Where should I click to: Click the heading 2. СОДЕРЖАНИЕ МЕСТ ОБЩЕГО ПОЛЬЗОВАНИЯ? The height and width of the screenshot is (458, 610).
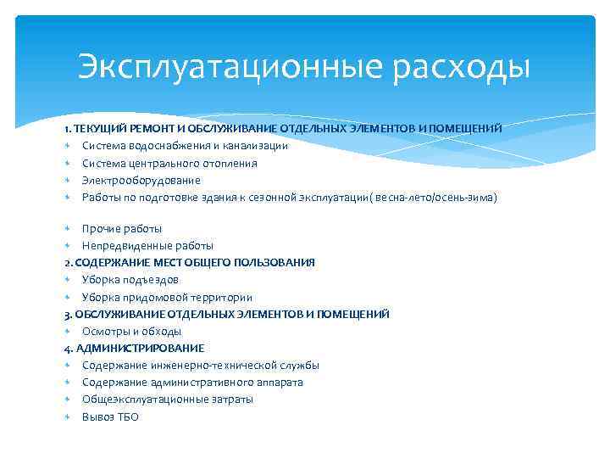[189, 262]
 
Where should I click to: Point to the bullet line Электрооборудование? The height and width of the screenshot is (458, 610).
[141, 180]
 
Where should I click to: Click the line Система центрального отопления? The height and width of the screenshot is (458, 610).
[169, 163]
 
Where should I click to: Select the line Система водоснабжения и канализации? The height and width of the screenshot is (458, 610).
[185, 146]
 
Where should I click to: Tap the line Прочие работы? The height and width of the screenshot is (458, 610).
[121, 228]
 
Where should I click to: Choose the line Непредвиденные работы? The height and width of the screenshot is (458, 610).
[147, 245]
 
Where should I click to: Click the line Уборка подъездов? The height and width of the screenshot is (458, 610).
[130, 279]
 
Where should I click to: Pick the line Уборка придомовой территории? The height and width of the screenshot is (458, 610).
[167, 297]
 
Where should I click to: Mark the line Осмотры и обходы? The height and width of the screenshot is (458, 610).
[131, 331]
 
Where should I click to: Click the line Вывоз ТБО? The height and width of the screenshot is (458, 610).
[110, 416]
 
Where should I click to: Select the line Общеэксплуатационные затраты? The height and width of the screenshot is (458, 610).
[167, 399]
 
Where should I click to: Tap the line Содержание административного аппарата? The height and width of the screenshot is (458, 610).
[192, 383]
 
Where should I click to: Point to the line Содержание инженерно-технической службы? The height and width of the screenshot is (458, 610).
[201, 365]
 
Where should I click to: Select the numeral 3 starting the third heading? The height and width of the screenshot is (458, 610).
[66, 314]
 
